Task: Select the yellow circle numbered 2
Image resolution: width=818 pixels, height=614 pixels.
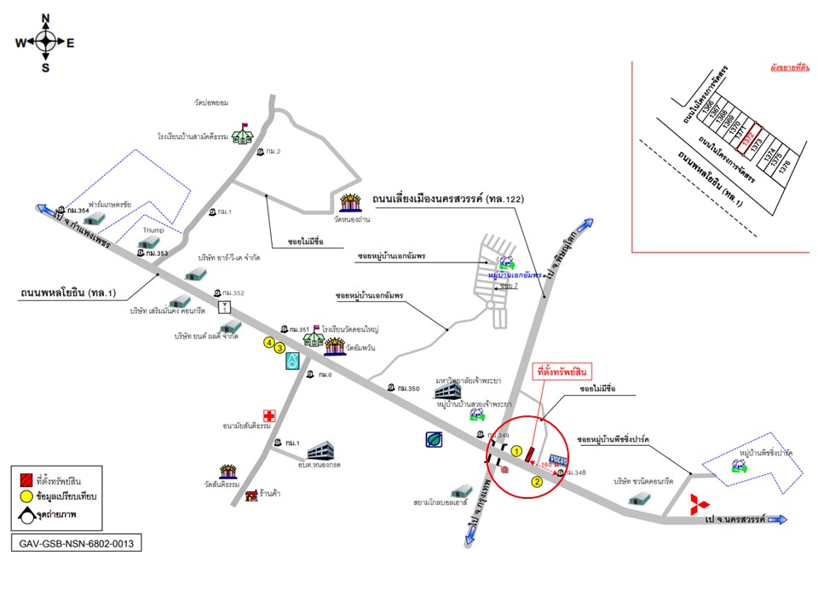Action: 537,481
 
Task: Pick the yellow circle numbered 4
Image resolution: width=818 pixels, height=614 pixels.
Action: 268,343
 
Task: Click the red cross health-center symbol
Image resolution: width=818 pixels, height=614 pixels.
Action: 269,415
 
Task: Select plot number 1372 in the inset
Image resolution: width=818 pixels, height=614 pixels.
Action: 749,139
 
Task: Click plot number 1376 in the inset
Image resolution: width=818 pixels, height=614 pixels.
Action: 785,164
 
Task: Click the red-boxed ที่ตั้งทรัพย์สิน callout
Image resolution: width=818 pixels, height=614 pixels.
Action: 562,373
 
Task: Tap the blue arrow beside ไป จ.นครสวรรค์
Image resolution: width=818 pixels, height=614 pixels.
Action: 777,519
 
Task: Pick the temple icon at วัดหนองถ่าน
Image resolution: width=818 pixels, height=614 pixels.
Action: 350,203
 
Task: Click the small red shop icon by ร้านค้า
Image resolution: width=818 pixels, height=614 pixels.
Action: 251,495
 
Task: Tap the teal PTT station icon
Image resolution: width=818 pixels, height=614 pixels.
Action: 292,361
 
